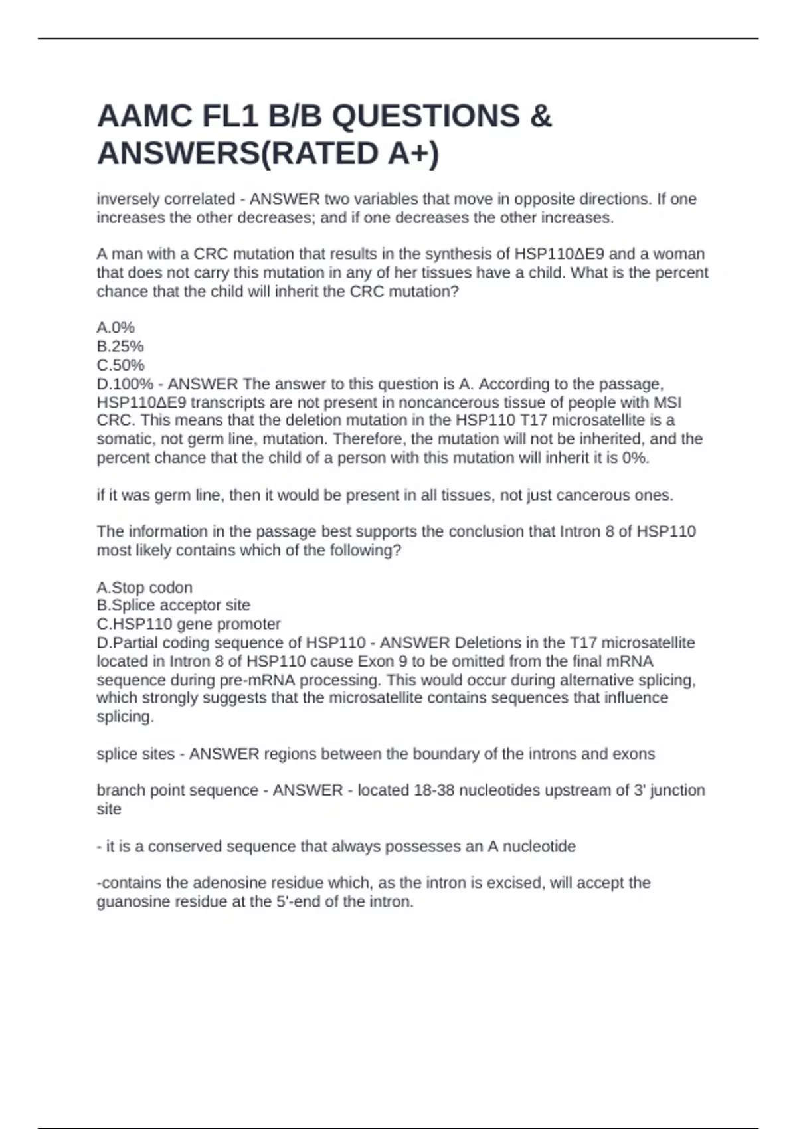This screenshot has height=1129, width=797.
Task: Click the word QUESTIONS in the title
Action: pos(426,116)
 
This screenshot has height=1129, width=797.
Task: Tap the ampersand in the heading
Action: pos(541,116)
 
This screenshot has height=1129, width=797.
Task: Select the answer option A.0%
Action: pos(116,327)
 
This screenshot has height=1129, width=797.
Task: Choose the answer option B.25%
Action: pos(120,346)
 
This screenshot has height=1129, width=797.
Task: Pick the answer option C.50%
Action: pos(120,365)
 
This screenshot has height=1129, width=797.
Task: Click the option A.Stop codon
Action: pos(145,587)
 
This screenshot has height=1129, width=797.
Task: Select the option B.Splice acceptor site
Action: pos(173,605)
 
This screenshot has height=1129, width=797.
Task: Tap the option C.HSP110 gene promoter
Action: pos(189,624)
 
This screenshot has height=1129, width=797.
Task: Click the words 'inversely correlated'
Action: pos(166,199)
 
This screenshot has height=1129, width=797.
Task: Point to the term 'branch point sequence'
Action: pos(177,790)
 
